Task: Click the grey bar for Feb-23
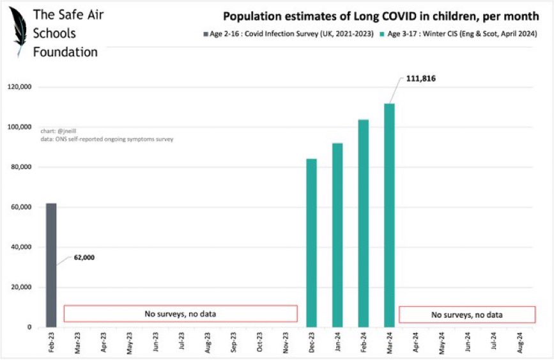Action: click(50, 265)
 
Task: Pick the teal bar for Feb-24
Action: click(363, 223)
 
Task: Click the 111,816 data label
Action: click(420, 79)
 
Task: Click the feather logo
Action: click(19, 31)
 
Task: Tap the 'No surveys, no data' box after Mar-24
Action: click(466, 315)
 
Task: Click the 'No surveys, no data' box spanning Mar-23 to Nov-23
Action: click(181, 313)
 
